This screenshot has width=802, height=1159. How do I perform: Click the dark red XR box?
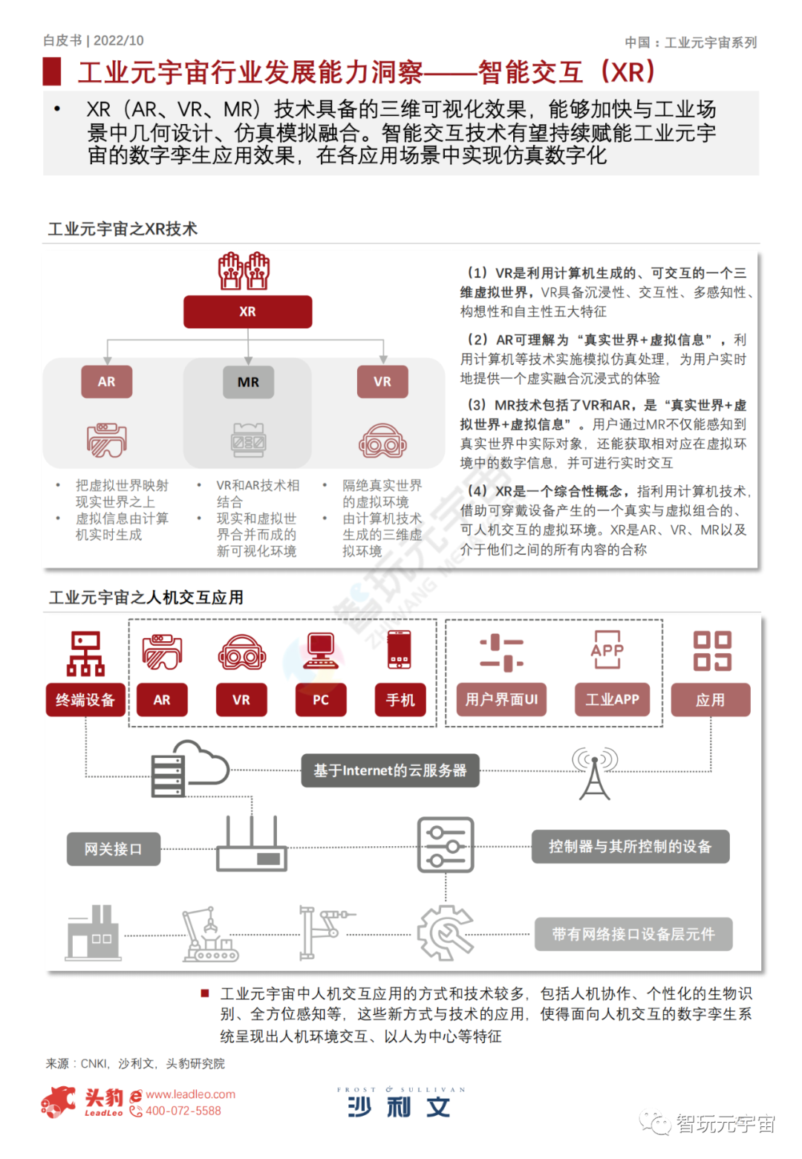247,312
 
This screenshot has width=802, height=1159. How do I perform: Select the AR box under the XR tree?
106,382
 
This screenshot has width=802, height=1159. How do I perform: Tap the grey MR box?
248,382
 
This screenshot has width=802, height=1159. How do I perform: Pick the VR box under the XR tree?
382,382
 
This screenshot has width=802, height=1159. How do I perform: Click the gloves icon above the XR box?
244,271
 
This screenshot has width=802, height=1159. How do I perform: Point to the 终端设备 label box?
85,700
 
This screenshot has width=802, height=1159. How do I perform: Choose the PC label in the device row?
321,700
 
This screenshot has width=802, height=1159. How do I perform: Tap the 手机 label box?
400,700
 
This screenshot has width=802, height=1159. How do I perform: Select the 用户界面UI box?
501,700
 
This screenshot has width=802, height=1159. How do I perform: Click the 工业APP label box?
612,700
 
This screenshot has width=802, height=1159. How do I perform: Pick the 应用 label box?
710,700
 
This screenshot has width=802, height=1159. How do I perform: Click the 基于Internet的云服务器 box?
390,770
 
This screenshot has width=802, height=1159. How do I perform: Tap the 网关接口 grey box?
113,848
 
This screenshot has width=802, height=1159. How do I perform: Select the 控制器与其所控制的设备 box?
630,847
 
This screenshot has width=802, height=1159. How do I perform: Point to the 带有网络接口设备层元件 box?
633,934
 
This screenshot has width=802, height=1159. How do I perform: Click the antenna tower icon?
594,773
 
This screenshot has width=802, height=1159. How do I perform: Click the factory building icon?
92,932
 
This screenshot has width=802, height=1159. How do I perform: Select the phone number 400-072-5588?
183,1111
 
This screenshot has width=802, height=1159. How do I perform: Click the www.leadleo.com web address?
190,1094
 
